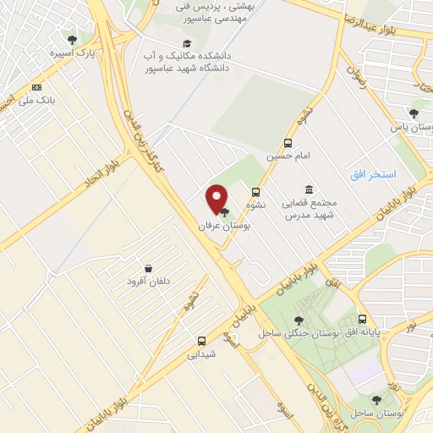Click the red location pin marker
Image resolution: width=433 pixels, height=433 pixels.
tap(217, 199)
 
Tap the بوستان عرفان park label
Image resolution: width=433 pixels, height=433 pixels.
tap(214, 227)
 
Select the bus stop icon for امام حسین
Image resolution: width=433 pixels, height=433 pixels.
tap(288, 143)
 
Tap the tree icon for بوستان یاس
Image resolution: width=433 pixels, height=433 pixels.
tap(414, 113)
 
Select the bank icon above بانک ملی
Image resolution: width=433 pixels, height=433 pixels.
tap(36, 87)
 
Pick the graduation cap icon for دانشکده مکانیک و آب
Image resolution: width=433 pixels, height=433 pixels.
tap(186, 44)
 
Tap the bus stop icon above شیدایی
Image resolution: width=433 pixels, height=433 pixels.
tap(200, 341)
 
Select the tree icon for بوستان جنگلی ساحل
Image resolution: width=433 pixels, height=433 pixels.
tap(298, 320)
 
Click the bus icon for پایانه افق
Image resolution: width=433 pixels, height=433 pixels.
tap(363, 320)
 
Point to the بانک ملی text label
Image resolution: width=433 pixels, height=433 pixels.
tap(36, 100)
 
